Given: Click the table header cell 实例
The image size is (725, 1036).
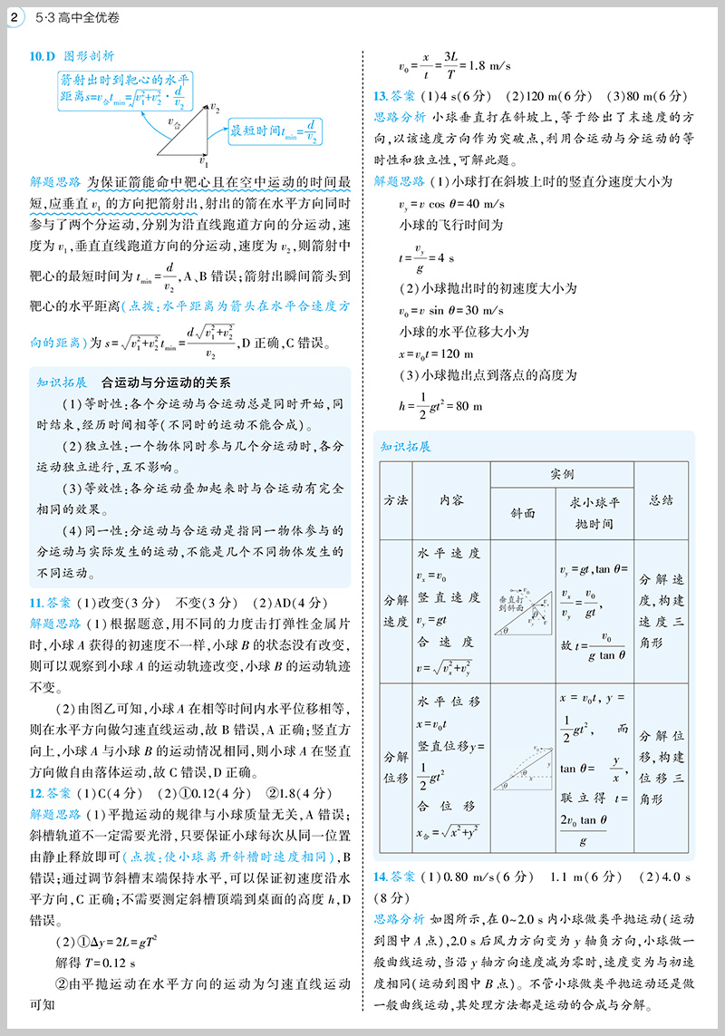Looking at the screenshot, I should [562, 475].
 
